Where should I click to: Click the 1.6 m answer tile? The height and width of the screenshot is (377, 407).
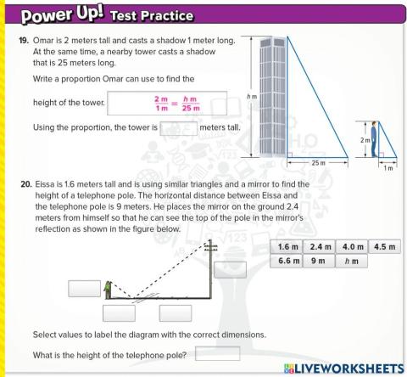click(288, 247)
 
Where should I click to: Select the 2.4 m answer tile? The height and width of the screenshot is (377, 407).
click(319, 247)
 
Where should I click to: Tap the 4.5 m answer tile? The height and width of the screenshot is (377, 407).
click(384, 247)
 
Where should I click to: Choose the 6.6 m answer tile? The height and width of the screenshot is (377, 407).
click(288, 262)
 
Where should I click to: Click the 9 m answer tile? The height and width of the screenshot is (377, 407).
click(319, 262)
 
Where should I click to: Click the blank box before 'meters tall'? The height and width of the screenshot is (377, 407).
click(178, 128)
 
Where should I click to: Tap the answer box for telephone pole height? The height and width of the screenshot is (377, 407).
click(217, 353)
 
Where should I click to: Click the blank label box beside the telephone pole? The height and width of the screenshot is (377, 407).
click(230, 269)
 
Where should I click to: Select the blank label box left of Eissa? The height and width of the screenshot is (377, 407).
click(82, 287)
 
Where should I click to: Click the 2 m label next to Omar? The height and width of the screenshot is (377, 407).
click(365, 141)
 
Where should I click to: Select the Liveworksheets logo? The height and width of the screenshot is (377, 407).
click(339, 368)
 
